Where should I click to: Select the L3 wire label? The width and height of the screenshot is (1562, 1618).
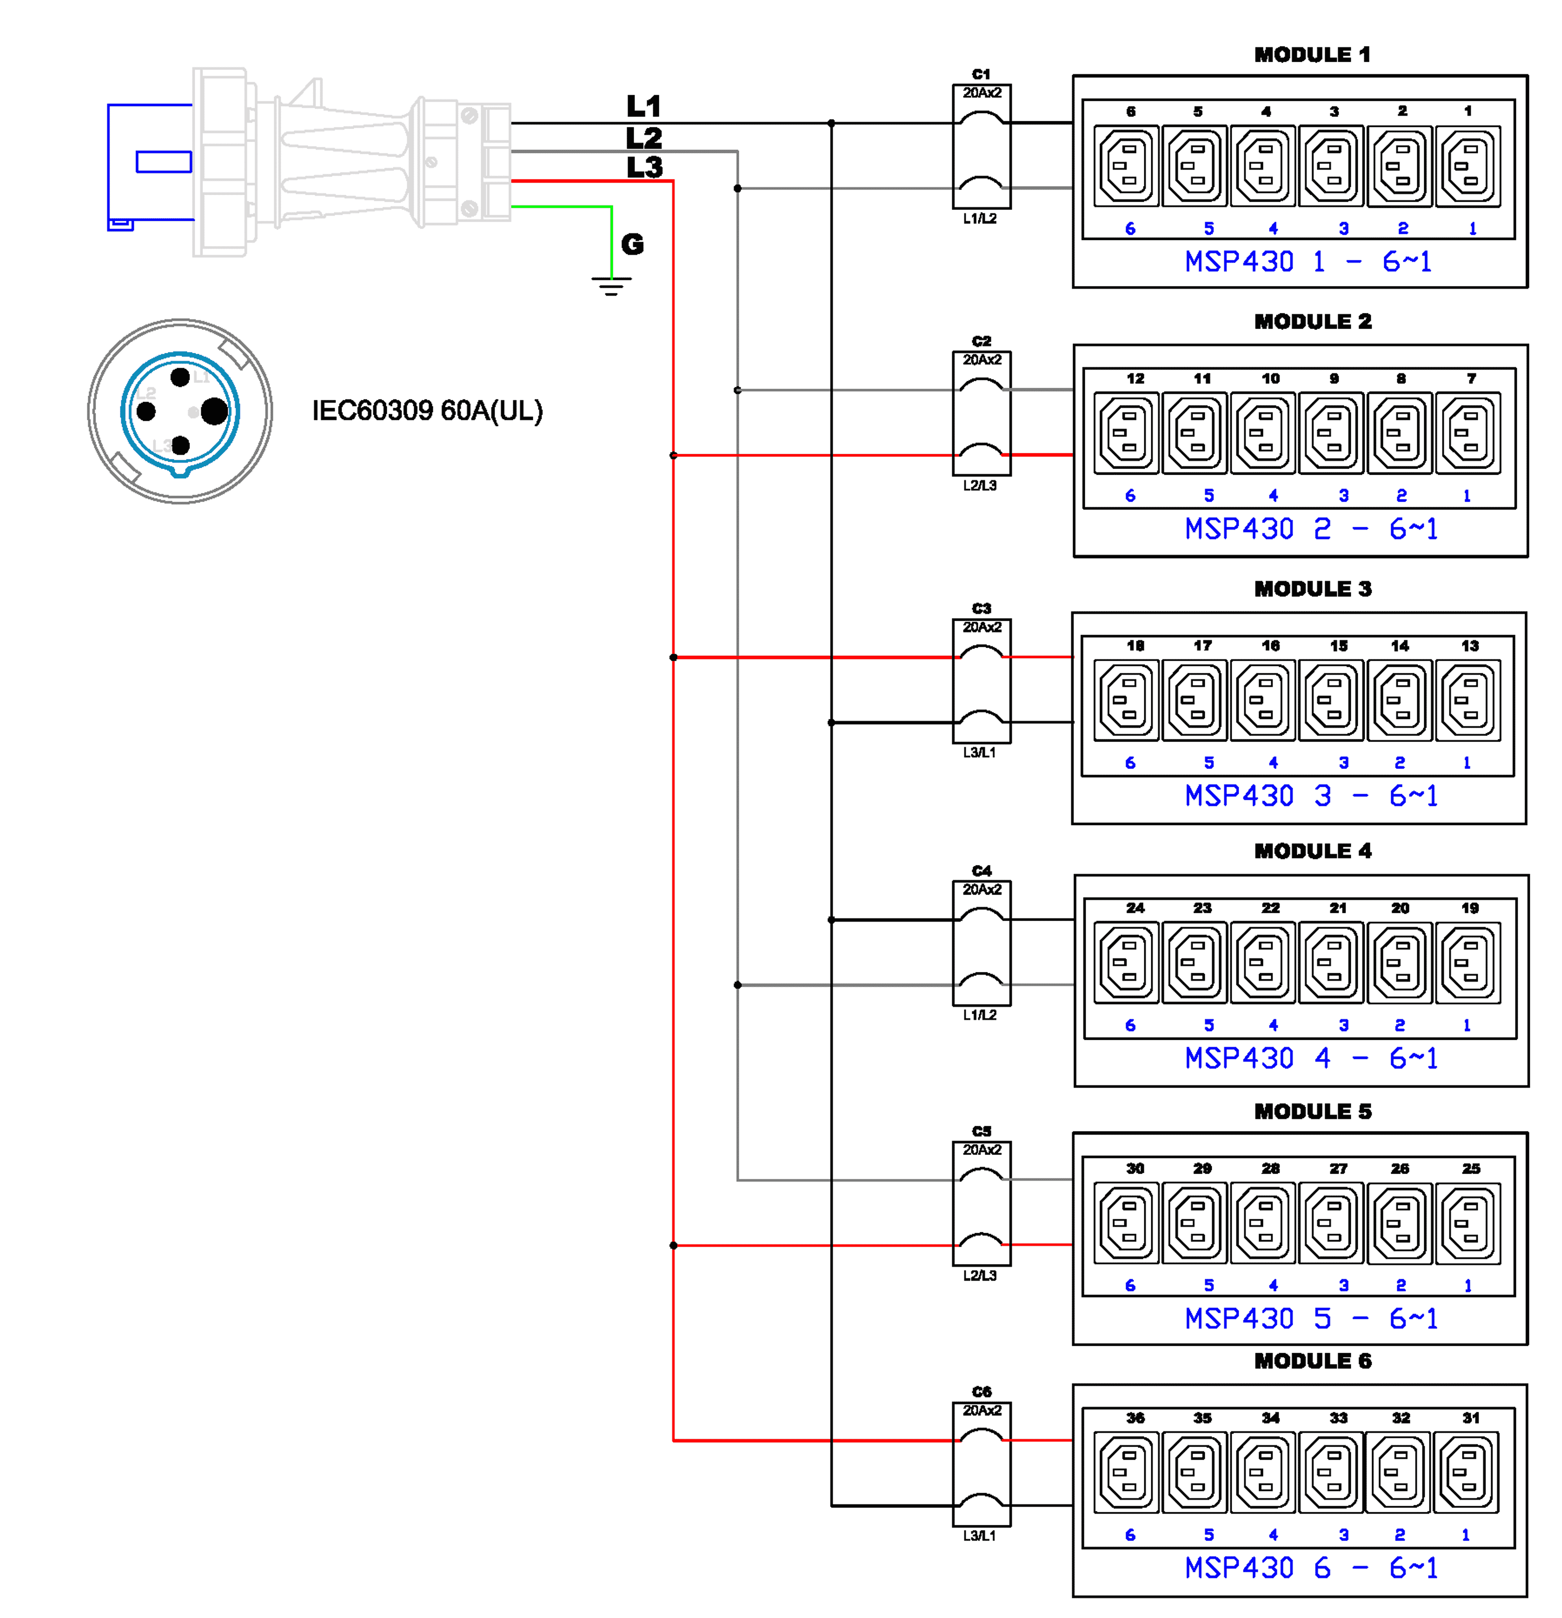point(644,168)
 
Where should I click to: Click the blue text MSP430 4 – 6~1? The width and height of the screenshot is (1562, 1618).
point(1311,1058)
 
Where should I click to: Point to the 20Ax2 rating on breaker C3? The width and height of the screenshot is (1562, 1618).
point(982,627)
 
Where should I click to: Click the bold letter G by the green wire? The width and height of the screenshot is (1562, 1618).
point(633,245)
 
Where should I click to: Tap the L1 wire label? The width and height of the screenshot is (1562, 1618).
point(644,107)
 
